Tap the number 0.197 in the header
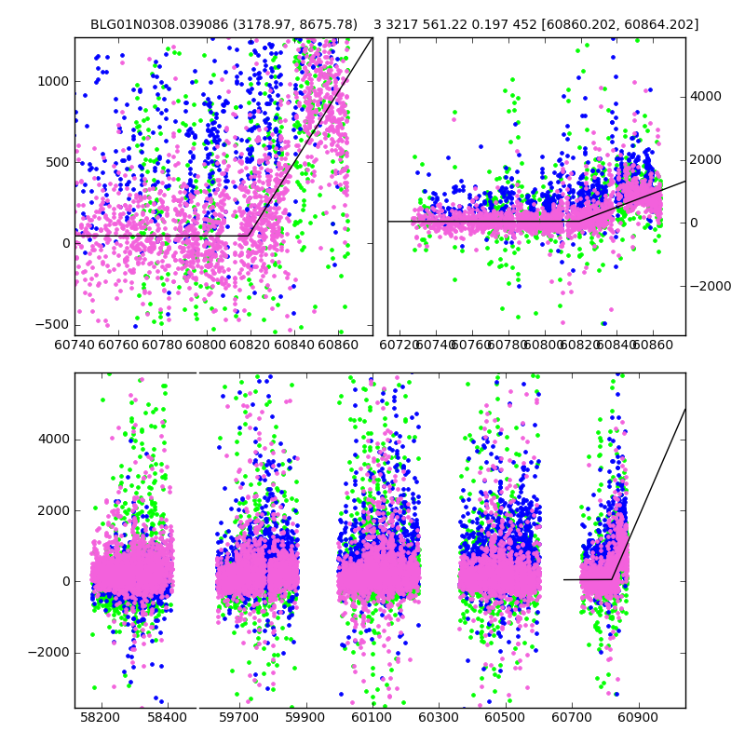tap(491, 24)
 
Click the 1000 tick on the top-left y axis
tap(53, 81)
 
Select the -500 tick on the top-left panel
tap(53, 324)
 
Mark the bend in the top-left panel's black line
tap(248, 236)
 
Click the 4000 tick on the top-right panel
tap(705, 96)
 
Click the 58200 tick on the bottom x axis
tap(101, 718)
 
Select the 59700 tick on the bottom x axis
tap(238, 718)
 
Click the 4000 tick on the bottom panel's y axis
tap(53, 440)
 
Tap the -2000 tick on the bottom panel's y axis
tap(49, 652)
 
